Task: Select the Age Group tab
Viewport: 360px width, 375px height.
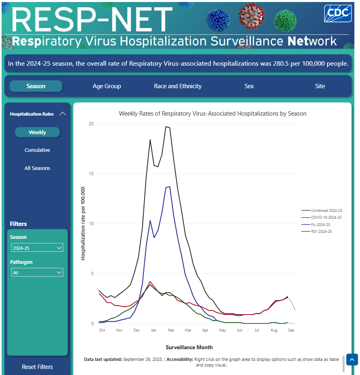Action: [x=107, y=86]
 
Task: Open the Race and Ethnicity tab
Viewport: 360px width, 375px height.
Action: [x=178, y=86]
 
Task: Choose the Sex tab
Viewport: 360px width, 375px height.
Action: [x=249, y=86]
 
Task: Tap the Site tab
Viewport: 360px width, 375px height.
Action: [x=320, y=86]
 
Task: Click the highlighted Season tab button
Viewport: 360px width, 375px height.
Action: [x=36, y=86]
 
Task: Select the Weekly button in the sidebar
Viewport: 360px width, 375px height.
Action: [x=37, y=132]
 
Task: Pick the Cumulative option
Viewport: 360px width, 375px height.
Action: [x=37, y=150]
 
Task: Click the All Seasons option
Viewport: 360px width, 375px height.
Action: [x=37, y=168]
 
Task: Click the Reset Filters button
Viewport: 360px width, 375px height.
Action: [x=37, y=367]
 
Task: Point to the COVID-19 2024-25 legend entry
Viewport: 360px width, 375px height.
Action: [x=326, y=218]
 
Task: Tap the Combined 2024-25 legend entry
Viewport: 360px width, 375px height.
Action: [x=326, y=211]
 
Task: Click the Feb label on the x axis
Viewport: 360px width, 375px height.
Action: [x=171, y=330]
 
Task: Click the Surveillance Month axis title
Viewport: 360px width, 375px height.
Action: [x=189, y=347]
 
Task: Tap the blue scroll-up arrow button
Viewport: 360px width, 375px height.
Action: [x=352, y=360]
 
